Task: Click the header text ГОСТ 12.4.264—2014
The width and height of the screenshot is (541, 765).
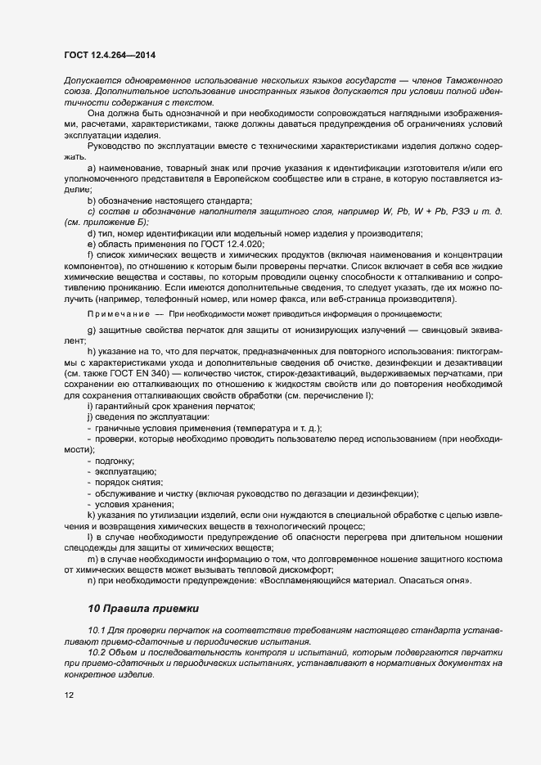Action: coord(110,55)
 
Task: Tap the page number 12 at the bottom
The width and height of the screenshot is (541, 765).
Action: coord(69,695)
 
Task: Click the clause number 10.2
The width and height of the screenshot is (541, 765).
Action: coord(97,655)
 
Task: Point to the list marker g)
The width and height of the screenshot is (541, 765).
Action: coord(92,329)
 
